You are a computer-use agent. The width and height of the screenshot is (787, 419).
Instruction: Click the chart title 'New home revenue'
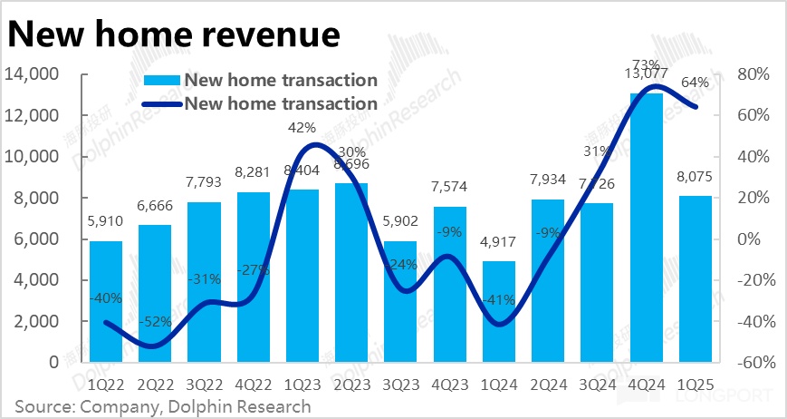pyautogui.click(x=174, y=34)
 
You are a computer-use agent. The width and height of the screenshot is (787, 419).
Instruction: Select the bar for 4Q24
pyautogui.click(x=644, y=227)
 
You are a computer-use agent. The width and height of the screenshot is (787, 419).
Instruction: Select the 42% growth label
pyautogui.click(x=302, y=127)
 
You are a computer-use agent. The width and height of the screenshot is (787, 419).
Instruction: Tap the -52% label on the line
pyautogui.click(x=155, y=323)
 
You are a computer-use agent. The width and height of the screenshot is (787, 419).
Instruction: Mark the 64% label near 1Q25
pyautogui.click(x=695, y=83)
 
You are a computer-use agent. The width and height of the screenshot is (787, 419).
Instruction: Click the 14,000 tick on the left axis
pyautogui.click(x=32, y=74)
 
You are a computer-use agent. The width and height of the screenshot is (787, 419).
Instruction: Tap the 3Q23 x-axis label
pyautogui.click(x=399, y=385)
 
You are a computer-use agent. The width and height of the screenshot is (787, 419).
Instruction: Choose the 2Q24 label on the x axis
pyautogui.click(x=546, y=385)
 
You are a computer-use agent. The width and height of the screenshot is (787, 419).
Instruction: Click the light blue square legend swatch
pyautogui.click(x=164, y=81)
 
